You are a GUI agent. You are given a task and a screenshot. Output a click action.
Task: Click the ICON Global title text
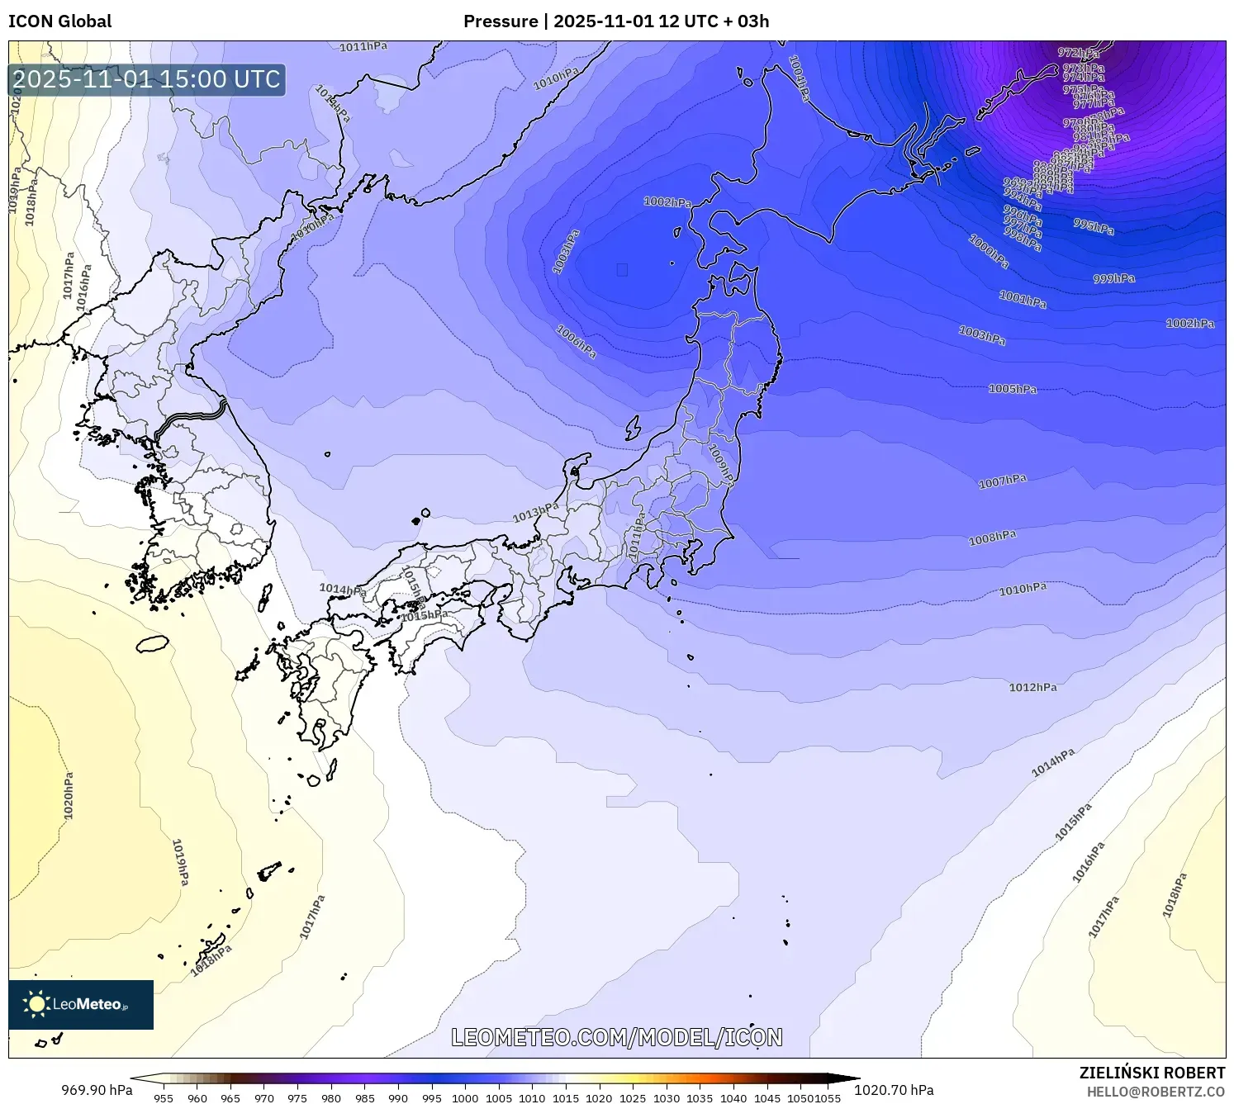[x=59, y=21]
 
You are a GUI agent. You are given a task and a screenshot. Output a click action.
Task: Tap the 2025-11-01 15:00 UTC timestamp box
[x=147, y=80]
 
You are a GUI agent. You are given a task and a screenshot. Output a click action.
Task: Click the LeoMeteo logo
[x=81, y=1004]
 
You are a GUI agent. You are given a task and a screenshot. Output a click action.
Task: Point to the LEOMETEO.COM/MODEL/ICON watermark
[x=616, y=1038]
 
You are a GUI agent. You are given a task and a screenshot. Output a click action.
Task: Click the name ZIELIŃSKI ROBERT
[x=1151, y=1073]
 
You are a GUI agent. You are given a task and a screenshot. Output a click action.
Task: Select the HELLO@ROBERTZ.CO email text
[x=1155, y=1092]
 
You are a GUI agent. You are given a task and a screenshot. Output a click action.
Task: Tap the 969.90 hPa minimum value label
[x=97, y=1090]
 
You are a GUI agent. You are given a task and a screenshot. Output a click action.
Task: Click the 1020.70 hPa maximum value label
[x=894, y=1090]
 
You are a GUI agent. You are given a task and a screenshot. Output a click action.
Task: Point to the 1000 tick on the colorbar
[x=465, y=1098]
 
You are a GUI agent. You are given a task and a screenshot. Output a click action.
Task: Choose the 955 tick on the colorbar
[x=164, y=1098]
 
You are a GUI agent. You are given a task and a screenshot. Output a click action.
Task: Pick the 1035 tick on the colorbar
[x=700, y=1098]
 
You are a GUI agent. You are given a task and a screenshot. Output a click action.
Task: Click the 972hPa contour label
[x=1078, y=54]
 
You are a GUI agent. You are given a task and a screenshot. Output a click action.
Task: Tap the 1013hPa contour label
[x=535, y=513]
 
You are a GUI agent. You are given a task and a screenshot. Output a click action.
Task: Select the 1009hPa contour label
[x=721, y=463]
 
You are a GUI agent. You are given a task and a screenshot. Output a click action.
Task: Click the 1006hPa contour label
[x=576, y=341]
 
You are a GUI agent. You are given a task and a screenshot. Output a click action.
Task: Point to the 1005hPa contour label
[x=1012, y=389]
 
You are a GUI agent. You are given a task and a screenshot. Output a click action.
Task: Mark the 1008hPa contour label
[x=992, y=538]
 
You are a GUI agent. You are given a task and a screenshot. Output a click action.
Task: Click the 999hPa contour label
[x=1113, y=279]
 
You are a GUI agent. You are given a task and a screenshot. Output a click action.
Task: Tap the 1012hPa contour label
[x=1032, y=687]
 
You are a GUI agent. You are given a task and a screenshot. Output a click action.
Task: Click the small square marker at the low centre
[x=622, y=269]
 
